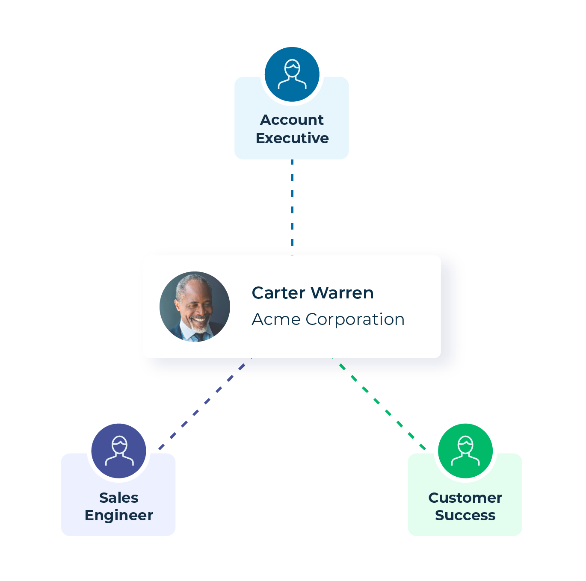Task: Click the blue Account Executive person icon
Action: tap(292, 74)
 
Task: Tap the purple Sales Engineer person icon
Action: tap(119, 451)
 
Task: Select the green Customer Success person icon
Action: tap(465, 451)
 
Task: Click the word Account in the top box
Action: tap(292, 120)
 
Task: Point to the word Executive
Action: tap(292, 139)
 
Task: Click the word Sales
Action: tap(119, 498)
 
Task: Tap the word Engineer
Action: tap(119, 516)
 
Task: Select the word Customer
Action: tap(465, 498)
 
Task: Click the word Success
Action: tap(465, 516)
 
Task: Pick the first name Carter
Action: tap(278, 293)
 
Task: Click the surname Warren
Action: tap(342, 293)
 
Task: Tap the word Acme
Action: tap(276, 319)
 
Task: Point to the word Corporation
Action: tap(355, 319)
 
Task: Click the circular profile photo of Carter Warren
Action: tap(195, 307)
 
